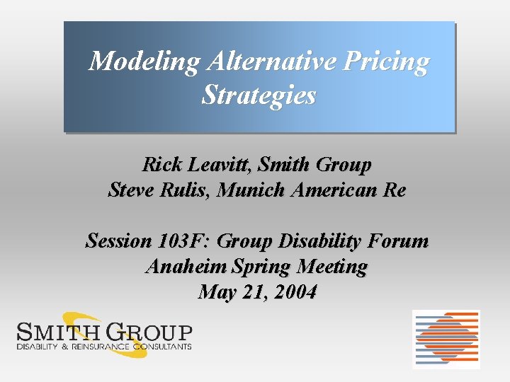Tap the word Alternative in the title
click(271, 62)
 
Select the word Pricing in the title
click(386, 62)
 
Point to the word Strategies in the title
click(259, 95)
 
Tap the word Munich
click(253, 190)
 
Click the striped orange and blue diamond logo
click(446, 339)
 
